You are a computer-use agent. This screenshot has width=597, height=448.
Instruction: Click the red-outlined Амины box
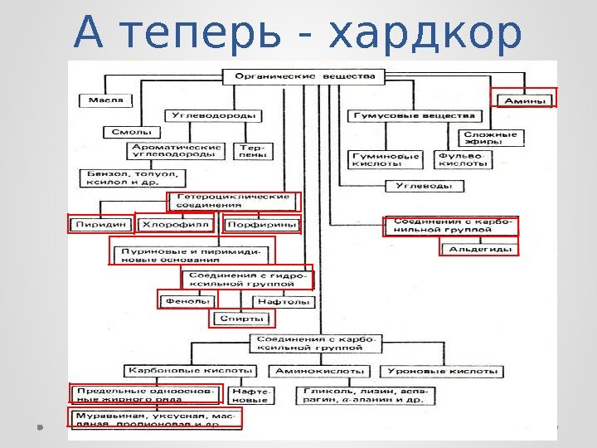[524, 99]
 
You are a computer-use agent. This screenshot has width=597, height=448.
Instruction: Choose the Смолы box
[126, 131]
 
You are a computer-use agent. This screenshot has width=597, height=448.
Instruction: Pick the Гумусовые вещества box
[412, 115]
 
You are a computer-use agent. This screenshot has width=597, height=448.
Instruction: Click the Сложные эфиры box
[490, 138]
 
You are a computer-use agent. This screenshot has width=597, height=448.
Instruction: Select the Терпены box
[254, 151]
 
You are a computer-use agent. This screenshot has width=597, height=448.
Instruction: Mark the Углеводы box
[424, 186]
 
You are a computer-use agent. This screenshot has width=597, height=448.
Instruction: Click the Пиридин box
[100, 223]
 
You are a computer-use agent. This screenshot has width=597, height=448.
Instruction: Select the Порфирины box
[262, 223]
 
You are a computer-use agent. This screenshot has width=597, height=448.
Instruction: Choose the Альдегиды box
[479, 248]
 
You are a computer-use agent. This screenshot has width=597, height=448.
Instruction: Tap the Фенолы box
[187, 301]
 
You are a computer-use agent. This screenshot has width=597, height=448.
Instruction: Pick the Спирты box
[246, 318]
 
